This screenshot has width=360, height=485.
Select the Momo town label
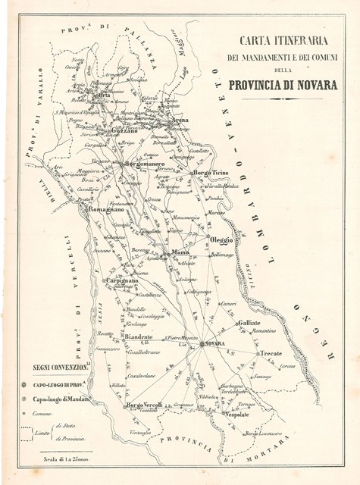[180, 251]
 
